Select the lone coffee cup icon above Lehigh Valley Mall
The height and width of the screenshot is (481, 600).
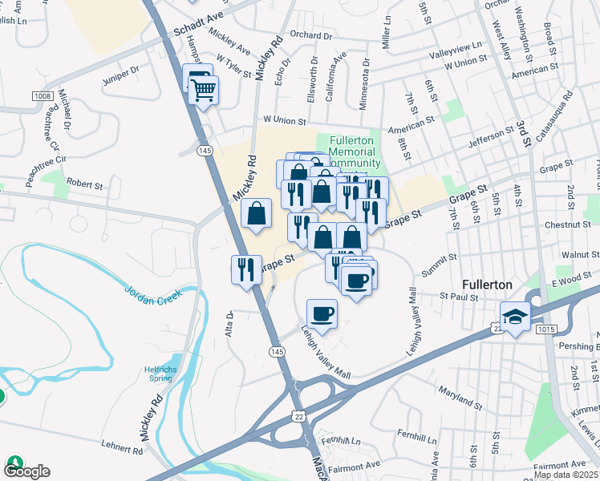(x=322, y=313)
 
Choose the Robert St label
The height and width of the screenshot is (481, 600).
(x=84, y=184)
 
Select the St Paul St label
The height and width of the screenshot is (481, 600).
(x=459, y=297)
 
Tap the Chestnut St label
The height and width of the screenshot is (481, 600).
(x=567, y=225)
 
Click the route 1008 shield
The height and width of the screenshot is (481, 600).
(x=43, y=97)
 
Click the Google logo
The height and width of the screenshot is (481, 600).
(x=26, y=471)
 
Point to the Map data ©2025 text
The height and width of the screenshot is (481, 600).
(x=566, y=475)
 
